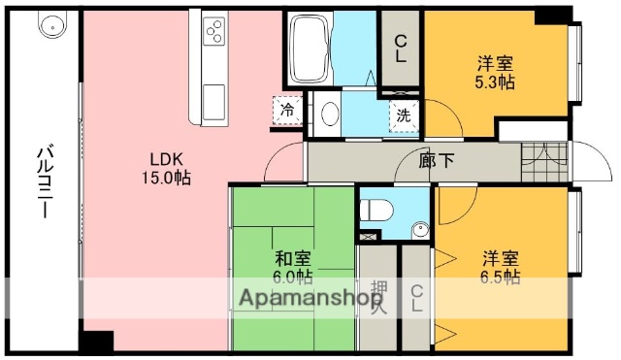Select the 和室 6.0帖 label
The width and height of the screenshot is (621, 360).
click(x=292, y=267)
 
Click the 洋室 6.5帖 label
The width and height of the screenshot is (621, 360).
click(x=501, y=268)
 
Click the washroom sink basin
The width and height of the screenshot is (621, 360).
click(x=329, y=114)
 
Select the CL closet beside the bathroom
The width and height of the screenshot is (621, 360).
click(x=400, y=49)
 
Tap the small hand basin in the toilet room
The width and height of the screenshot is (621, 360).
click(x=419, y=231)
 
